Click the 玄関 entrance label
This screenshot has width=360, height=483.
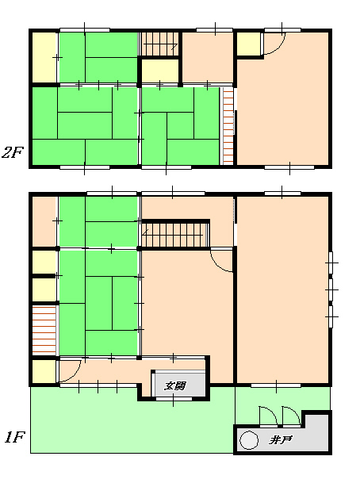coord(174,385)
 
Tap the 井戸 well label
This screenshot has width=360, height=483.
coord(280,440)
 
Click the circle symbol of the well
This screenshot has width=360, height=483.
coord(248,440)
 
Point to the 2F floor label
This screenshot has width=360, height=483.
coord(13,152)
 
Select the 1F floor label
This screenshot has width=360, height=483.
coord(14,437)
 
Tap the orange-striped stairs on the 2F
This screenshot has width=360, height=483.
coord(228,126)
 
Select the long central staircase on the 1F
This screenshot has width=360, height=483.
coord(174,235)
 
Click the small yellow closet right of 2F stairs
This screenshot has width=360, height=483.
coord(248,44)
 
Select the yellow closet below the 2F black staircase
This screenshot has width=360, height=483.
coord(160,71)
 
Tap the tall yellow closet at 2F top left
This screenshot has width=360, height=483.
coord(44,57)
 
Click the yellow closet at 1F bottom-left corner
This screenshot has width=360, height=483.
coord(44,371)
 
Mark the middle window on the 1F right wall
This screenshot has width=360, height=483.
coord(331,289)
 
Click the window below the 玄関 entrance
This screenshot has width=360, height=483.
coord(174,399)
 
